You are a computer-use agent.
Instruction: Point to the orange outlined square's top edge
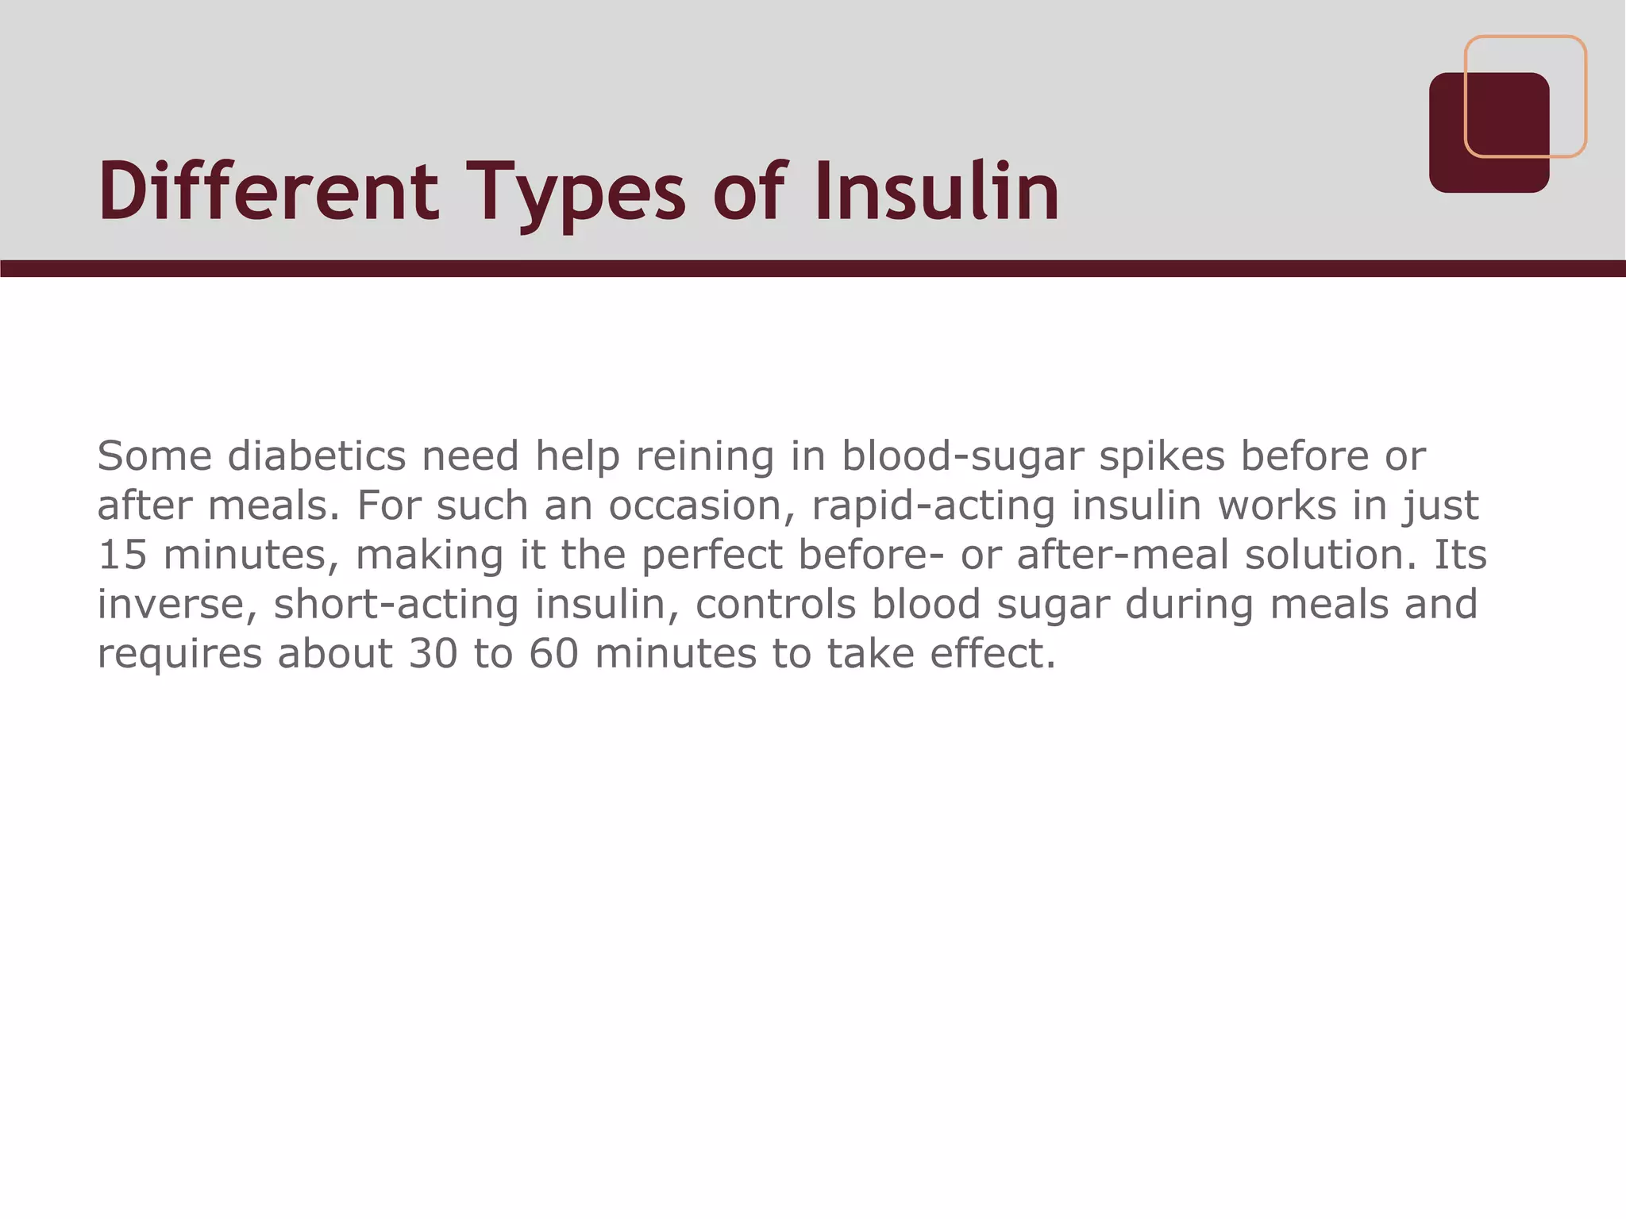[x=1524, y=37]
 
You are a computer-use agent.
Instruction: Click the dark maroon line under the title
[x=813, y=268]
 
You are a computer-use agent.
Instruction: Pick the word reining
[x=704, y=457]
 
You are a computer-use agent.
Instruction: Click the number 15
[x=122, y=555]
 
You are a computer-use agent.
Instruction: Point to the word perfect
[x=711, y=555]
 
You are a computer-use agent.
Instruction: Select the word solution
[x=1330, y=555]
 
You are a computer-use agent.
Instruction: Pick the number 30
[x=433, y=654]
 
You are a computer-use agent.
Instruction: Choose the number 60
[x=554, y=654]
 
